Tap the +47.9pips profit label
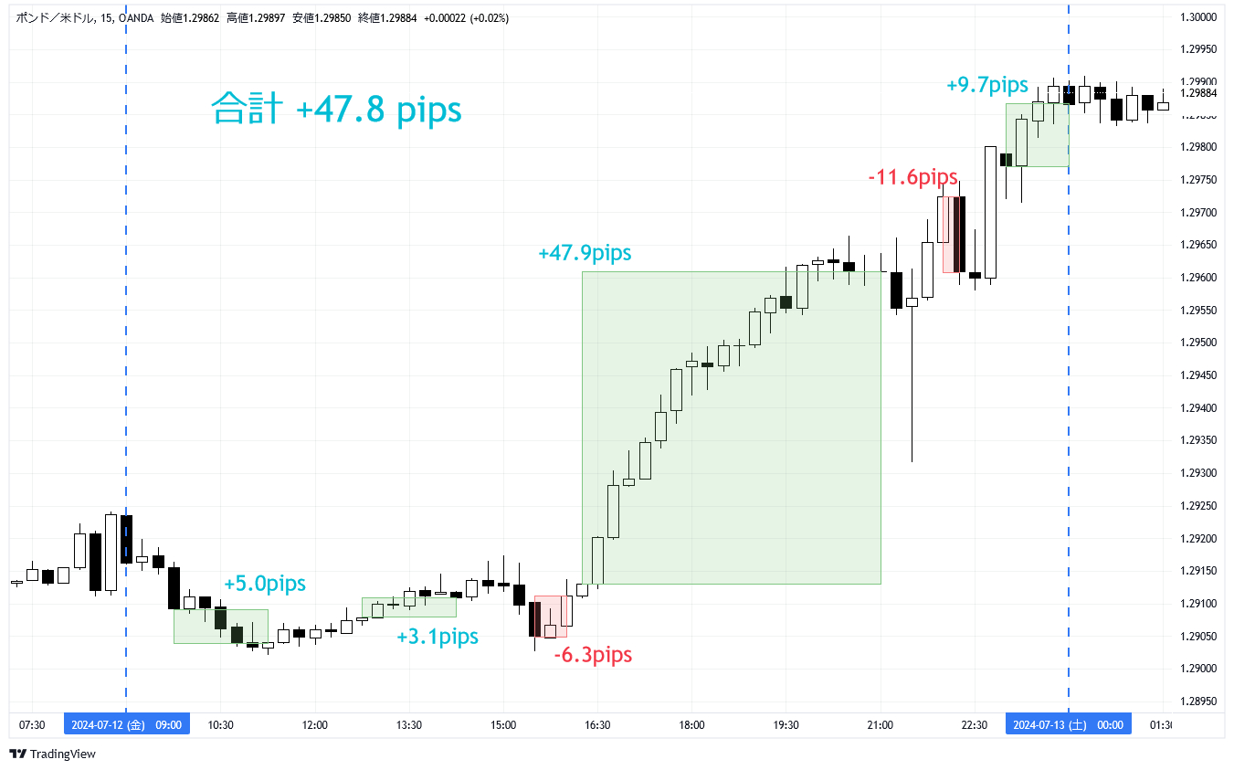tap(585, 253)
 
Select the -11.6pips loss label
tap(912, 176)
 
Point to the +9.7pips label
tap(987, 85)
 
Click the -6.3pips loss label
tap(593, 655)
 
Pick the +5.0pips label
tap(265, 584)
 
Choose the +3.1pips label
tap(438, 637)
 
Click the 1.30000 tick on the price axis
tap(1197, 17)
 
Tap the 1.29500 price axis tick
tap(1197, 343)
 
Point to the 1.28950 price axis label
tap(1197, 701)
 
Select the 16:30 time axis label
tap(597, 725)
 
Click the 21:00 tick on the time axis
tap(881, 725)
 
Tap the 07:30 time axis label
tap(32, 725)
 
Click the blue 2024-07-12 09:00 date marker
tap(127, 725)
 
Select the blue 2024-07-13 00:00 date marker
tap(1069, 725)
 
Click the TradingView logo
tap(53, 754)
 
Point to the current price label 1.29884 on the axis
tap(1197, 93)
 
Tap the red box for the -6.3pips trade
tap(550, 617)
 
